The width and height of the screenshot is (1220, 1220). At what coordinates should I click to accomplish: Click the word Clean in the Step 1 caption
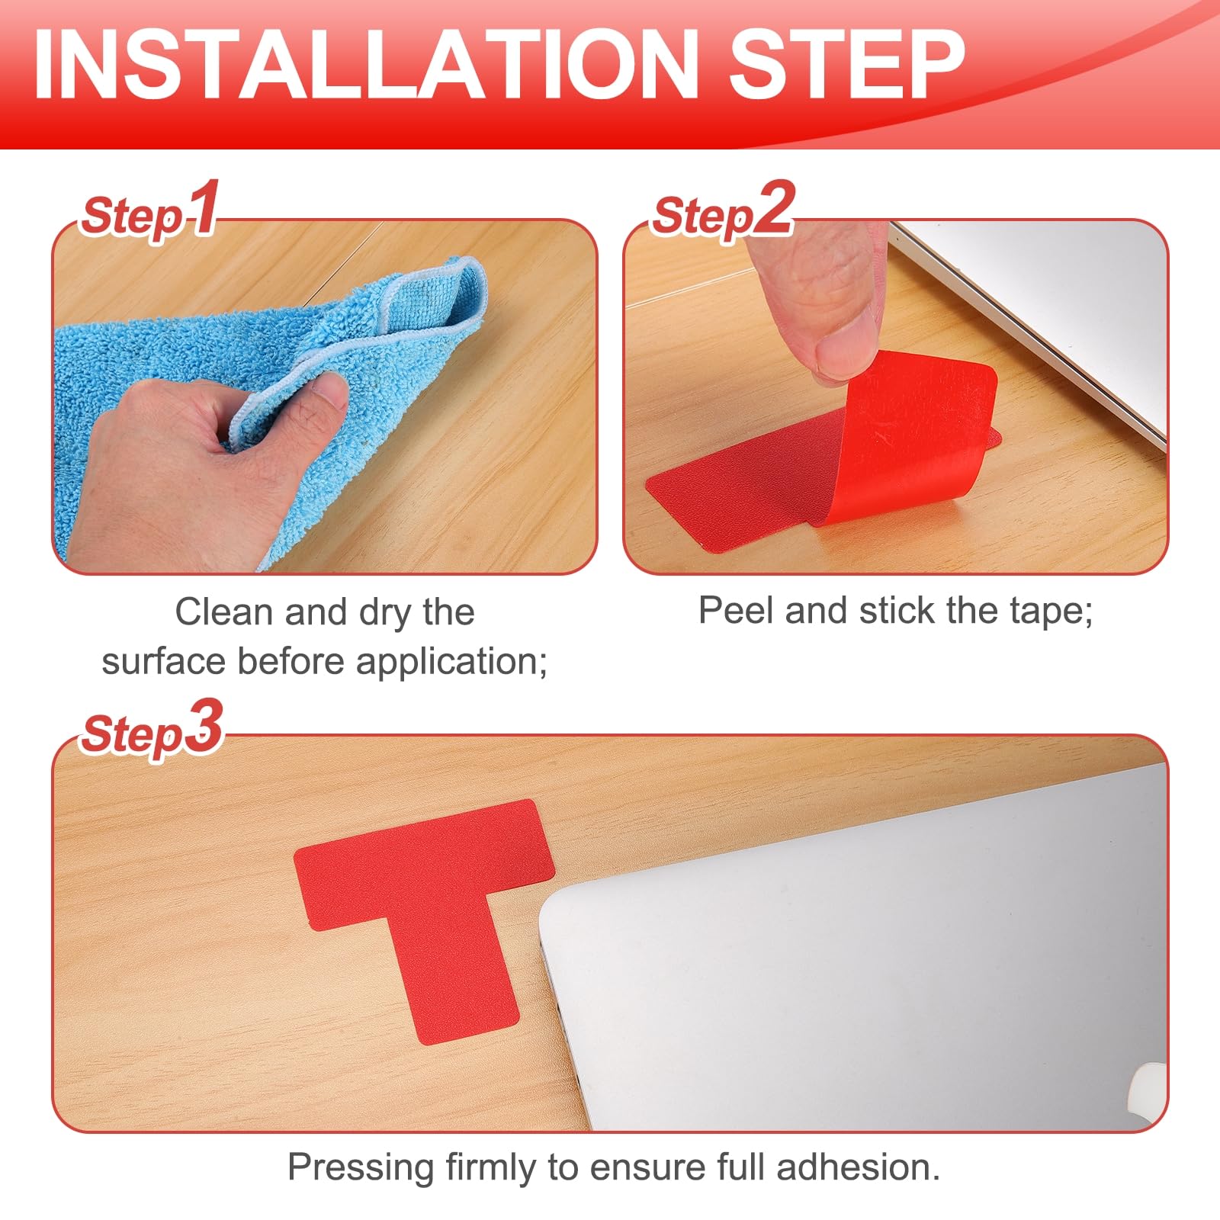point(224,612)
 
